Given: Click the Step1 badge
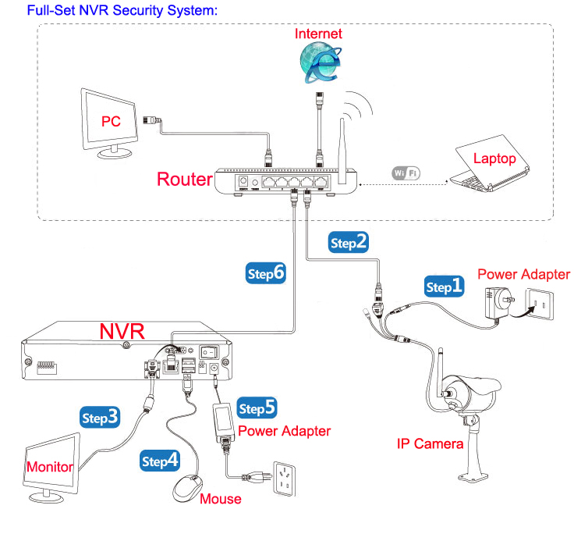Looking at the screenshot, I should tap(445, 287).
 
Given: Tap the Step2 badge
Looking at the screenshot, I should tap(349, 242).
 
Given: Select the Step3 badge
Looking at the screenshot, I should tap(101, 417).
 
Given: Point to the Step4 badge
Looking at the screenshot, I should tap(159, 461).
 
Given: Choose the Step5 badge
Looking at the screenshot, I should tap(257, 408).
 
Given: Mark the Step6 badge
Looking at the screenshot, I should tap(266, 273).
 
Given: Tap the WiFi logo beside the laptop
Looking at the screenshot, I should tap(406, 173).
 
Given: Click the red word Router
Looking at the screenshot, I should tap(185, 179).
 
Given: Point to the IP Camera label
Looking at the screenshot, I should tap(430, 444).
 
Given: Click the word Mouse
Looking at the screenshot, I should tap(221, 499).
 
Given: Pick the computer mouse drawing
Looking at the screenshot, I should tap(186, 489).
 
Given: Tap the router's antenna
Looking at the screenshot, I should tap(342, 144).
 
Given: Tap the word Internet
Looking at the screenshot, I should tap(317, 34).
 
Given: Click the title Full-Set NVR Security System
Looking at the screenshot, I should tap(122, 12).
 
